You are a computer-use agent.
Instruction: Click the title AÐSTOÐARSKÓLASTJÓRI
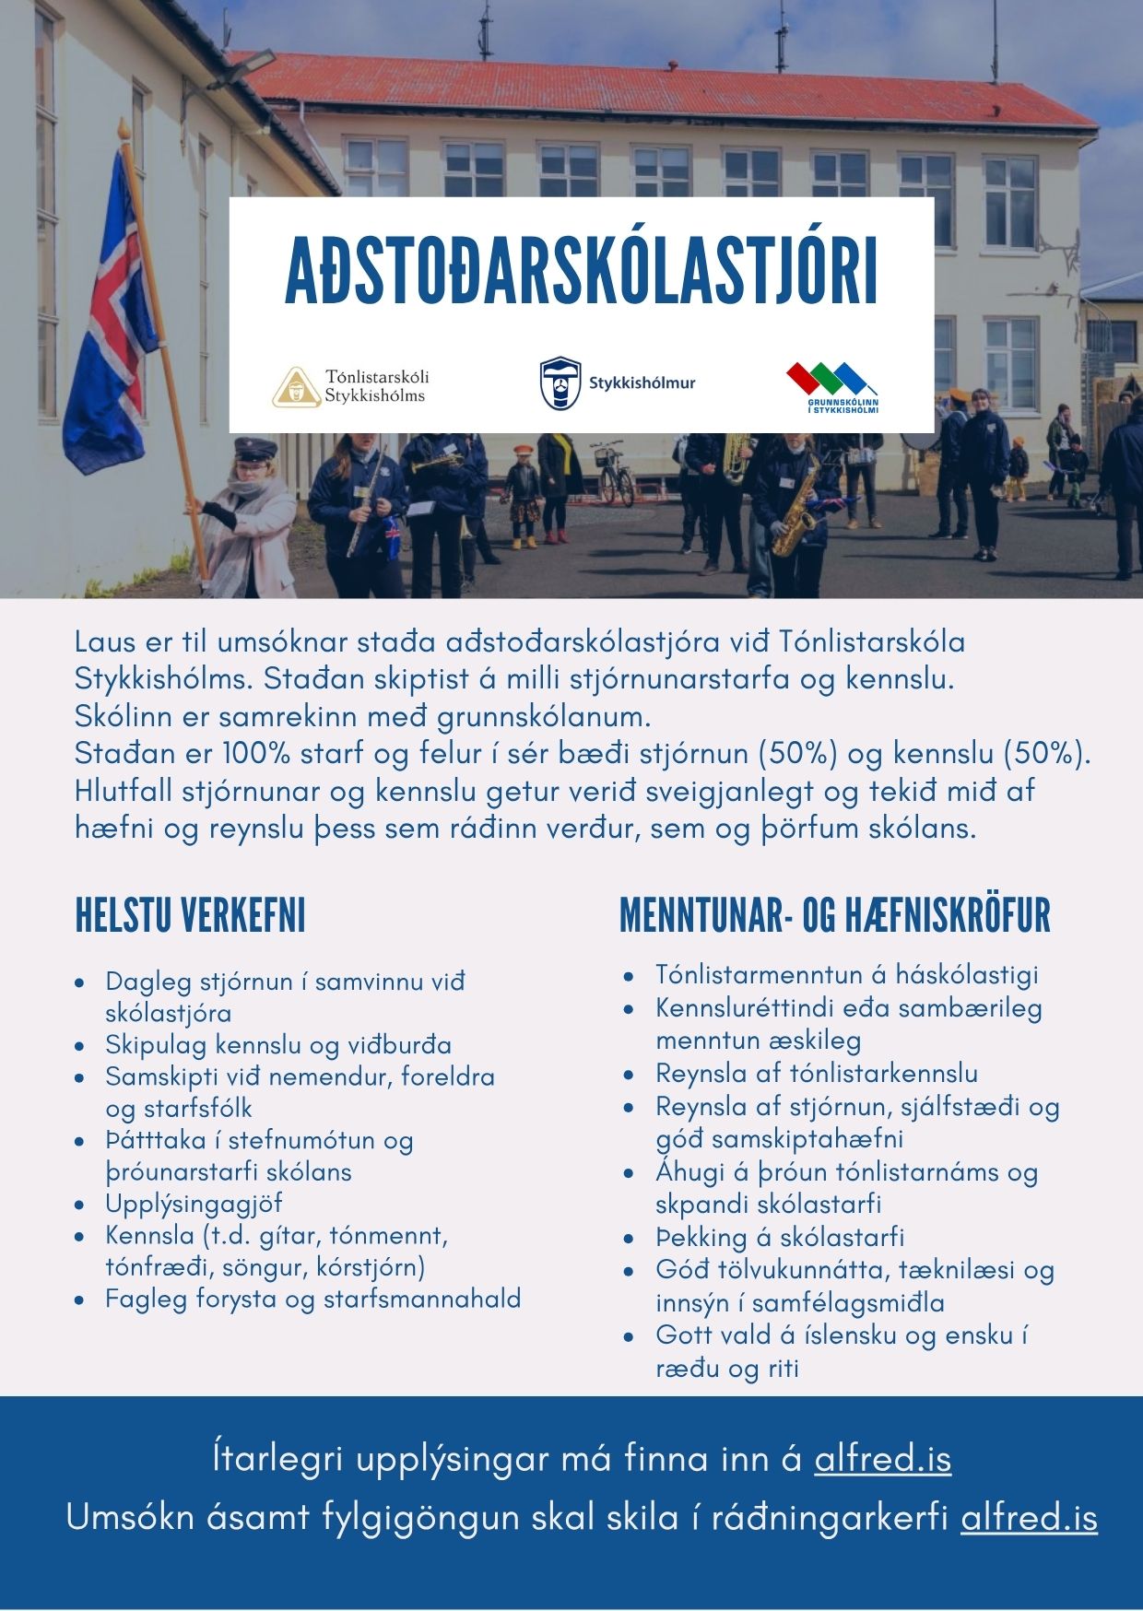pyautogui.click(x=581, y=271)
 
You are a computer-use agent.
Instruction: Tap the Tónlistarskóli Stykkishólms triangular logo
pyautogui.click(x=296, y=387)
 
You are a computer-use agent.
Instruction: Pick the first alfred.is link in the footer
pyautogui.click(x=882, y=1459)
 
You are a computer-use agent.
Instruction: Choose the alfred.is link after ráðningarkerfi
pyautogui.click(x=1029, y=1517)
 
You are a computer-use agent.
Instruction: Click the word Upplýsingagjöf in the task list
pyautogui.click(x=194, y=1204)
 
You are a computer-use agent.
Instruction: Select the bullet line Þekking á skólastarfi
pyautogui.click(x=780, y=1237)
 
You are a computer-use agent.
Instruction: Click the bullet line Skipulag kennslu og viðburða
pyautogui.click(x=278, y=1045)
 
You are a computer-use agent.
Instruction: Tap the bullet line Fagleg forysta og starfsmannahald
pyautogui.click(x=312, y=1299)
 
